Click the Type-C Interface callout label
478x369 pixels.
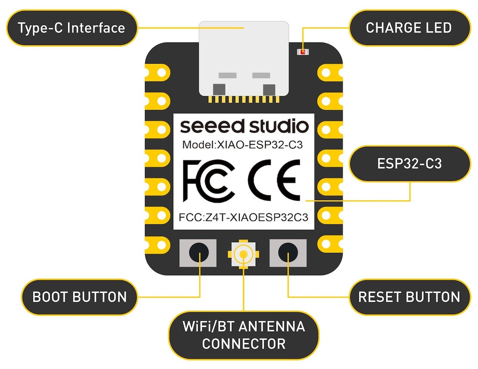(71, 28)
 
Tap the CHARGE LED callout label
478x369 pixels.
(409, 28)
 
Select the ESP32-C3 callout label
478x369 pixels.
(409, 164)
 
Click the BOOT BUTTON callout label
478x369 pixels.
(79, 296)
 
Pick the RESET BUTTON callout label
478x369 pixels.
(409, 296)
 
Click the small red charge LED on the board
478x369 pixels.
(302, 51)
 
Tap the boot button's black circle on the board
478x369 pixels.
(198, 253)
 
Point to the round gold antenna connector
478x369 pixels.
(244, 253)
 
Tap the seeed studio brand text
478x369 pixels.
(244, 127)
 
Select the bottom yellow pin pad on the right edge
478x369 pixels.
(330, 243)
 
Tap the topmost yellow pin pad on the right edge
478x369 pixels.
(330, 73)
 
